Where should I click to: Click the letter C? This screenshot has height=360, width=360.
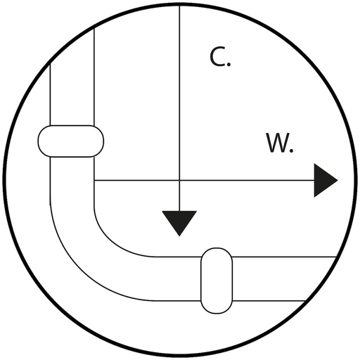[x=217, y=57]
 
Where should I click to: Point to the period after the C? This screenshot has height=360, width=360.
[x=229, y=64]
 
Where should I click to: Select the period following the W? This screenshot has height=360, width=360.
[x=291, y=150]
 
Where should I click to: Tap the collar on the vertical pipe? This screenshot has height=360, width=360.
[x=71, y=141]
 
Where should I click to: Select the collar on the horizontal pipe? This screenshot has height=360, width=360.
[x=217, y=281]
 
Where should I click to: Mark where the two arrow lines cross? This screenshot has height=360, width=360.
[x=179, y=181]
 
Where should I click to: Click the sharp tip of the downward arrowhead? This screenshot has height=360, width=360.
[x=179, y=236]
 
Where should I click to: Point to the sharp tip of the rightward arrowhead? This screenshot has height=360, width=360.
[x=337, y=181]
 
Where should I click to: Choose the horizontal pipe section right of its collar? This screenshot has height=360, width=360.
[x=281, y=278]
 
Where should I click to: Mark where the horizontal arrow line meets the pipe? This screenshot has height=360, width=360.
[x=94, y=181]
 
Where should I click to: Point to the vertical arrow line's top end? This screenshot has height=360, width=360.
[x=179, y=4]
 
